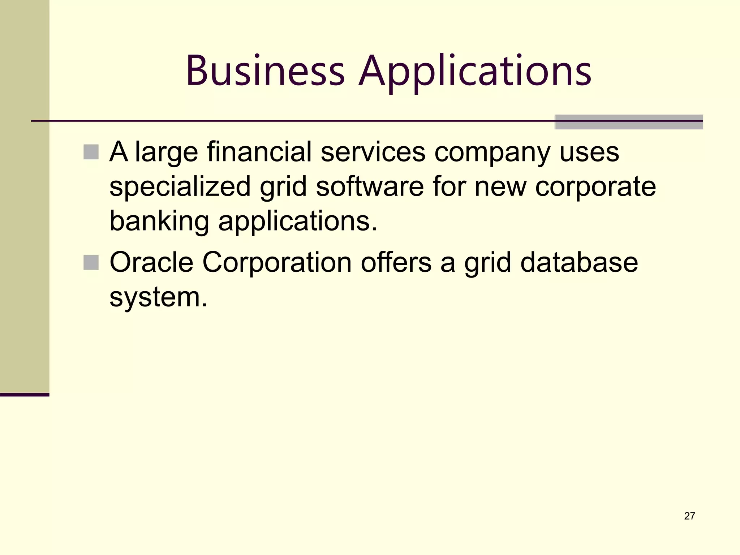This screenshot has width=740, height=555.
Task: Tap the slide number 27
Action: pos(689,516)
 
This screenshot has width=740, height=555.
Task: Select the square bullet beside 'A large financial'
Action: pos(91,152)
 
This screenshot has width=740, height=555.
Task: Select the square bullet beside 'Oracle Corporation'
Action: pos(91,262)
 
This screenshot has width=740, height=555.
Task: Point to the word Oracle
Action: pos(151,262)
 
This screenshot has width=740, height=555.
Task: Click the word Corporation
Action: pos(277,262)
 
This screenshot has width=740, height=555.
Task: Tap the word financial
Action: pos(259,152)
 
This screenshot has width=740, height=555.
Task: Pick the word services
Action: pos(373,152)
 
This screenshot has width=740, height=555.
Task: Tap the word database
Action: pos(579,262)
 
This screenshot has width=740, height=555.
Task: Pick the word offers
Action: pos(396,262)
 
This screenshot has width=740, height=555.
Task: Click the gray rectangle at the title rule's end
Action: pos(628,122)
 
